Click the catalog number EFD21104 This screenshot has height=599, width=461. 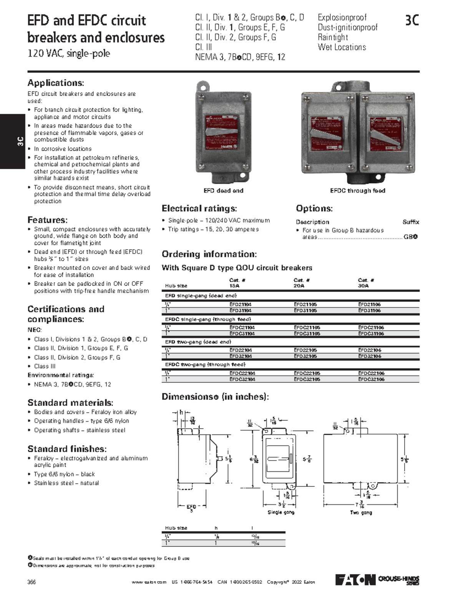point(240,304)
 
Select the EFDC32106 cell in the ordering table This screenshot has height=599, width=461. point(371,379)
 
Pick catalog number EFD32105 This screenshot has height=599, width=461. point(305,356)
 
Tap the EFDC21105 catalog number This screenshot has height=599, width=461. point(307,328)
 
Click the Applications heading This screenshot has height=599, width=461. point(56,83)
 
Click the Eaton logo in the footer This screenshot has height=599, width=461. point(355,580)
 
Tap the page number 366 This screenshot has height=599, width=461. point(32,582)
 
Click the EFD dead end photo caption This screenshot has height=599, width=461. point(223,191)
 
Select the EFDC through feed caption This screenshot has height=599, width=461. point(357,191)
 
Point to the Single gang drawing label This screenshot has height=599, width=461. point(281,512)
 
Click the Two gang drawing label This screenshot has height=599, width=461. point(361,512)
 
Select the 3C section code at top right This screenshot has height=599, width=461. point(412,20)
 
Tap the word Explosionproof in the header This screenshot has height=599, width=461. point(342,18)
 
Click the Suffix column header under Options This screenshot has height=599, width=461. point(411,222)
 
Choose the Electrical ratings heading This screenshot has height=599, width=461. point(199,209)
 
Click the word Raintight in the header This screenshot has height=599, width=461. point(333,37)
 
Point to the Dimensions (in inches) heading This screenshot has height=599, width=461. point(215,397)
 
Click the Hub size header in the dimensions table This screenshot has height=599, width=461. point(176,528)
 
